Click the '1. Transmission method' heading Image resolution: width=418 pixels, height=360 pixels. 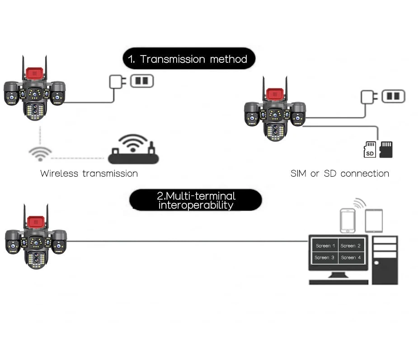(x=188, y=59)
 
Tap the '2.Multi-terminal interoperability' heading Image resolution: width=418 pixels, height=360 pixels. (x=196, y=200)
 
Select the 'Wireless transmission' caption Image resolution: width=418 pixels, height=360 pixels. (x=89, y=173)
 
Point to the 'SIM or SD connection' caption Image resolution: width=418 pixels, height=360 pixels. (x=339, y=173)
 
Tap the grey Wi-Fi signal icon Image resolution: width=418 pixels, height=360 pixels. (x=40, y=153)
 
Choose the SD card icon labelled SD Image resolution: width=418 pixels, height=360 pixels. (x=370, y=150)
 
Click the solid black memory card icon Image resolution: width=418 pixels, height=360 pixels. (x=386, y=150)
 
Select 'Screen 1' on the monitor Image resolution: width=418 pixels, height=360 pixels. (x=325, y=246)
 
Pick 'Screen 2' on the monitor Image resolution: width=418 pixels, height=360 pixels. (x=351, y=246)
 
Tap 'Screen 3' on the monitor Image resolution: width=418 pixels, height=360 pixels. (x=325, y=257)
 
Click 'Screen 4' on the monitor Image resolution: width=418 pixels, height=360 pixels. (x=351, y=257)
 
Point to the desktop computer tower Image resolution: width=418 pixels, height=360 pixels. (x=385, y=260)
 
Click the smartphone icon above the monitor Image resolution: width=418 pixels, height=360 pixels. (x=348, y=220)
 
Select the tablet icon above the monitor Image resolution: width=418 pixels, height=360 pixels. (x=374, y=220)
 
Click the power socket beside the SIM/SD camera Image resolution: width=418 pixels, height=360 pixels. (x=393, y=96)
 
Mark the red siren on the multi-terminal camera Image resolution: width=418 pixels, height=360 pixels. (x=35, y=222)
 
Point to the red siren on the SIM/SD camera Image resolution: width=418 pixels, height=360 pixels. (x=274, y=94)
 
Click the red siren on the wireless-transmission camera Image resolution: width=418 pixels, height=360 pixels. (x=34, y=73)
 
